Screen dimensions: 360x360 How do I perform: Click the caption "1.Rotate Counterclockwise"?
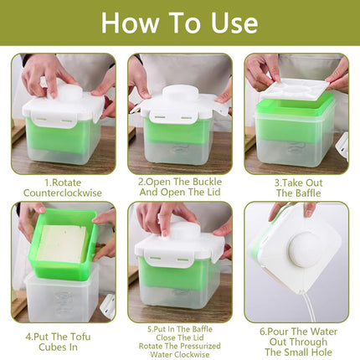[63, 186]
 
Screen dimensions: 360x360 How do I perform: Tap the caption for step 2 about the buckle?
[179, 186]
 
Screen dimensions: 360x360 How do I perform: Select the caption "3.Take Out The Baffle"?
[296, 186]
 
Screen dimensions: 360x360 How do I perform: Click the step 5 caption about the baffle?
[179, 342]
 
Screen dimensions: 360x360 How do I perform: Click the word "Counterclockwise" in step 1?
[63, 193]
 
